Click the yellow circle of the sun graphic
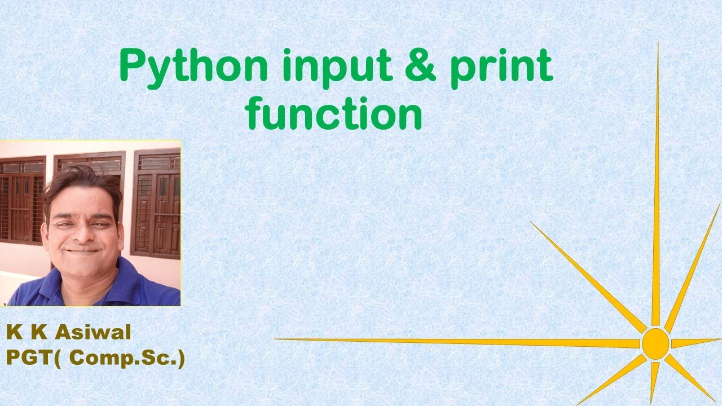click(x=655, y=342)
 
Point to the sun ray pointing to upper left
click(x=587, y=276)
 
